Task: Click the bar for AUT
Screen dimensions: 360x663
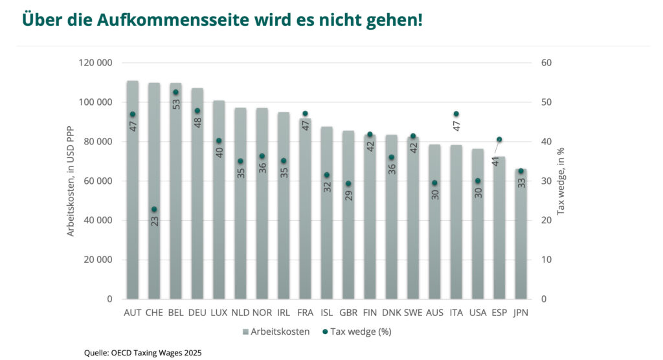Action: tap(133, 194)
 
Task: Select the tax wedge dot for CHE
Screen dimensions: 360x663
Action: tap(154, 209)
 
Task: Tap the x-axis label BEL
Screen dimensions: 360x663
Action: tap(175, 313)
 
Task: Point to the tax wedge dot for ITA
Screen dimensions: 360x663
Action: tap(456, 114)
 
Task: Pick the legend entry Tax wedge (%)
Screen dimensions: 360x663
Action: tap(356, 332)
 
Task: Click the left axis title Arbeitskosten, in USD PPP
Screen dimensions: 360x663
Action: tap(71, 181)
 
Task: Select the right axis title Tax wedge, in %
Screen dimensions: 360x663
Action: tap(561, 181)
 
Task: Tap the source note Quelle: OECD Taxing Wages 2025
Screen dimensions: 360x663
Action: tap(142, 353)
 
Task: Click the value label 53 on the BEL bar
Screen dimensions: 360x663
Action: tap(176, 104)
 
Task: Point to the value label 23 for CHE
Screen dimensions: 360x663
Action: tap(155, 221)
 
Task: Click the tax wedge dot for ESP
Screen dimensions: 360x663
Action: tap(499, 139)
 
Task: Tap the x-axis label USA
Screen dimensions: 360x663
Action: tap(477, 313)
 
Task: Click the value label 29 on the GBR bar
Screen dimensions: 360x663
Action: tap(348, 194)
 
